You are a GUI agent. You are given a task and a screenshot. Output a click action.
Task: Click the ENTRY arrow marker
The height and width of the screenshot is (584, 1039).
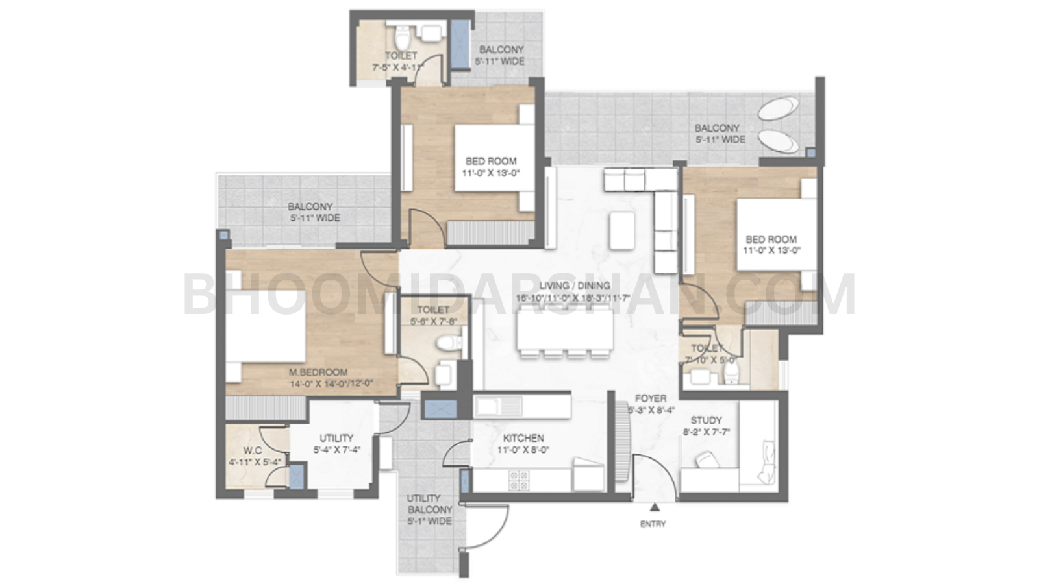(654, 508)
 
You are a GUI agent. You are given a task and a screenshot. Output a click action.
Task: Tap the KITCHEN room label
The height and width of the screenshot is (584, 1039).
(523, 438)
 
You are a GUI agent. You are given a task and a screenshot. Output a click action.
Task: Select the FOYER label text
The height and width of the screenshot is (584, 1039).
(651, 398)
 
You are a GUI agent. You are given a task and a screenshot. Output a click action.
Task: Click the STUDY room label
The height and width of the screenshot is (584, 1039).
(706, 420)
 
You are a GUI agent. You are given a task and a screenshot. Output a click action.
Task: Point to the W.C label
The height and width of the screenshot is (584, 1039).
(253, 450)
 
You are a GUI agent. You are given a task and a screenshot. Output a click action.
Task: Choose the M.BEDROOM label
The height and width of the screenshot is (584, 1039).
(318, 372)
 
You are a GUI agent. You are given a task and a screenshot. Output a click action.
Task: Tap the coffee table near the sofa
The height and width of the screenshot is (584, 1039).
(621, 231)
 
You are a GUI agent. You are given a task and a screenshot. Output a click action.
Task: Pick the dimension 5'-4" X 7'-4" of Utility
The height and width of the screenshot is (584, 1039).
(336, 449)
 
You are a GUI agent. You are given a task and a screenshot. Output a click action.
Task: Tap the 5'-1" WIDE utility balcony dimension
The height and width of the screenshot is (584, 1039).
(429, 521)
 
